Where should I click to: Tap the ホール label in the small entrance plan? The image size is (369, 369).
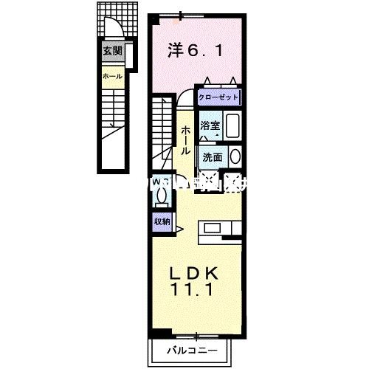tap(113, 76)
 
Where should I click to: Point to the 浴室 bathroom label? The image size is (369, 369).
tap(210, 125)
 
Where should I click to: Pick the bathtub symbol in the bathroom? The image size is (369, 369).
tap(232, 126)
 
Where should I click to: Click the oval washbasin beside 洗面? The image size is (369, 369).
tap(235, 156)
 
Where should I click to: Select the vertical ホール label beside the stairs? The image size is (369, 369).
tap(184, 138)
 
